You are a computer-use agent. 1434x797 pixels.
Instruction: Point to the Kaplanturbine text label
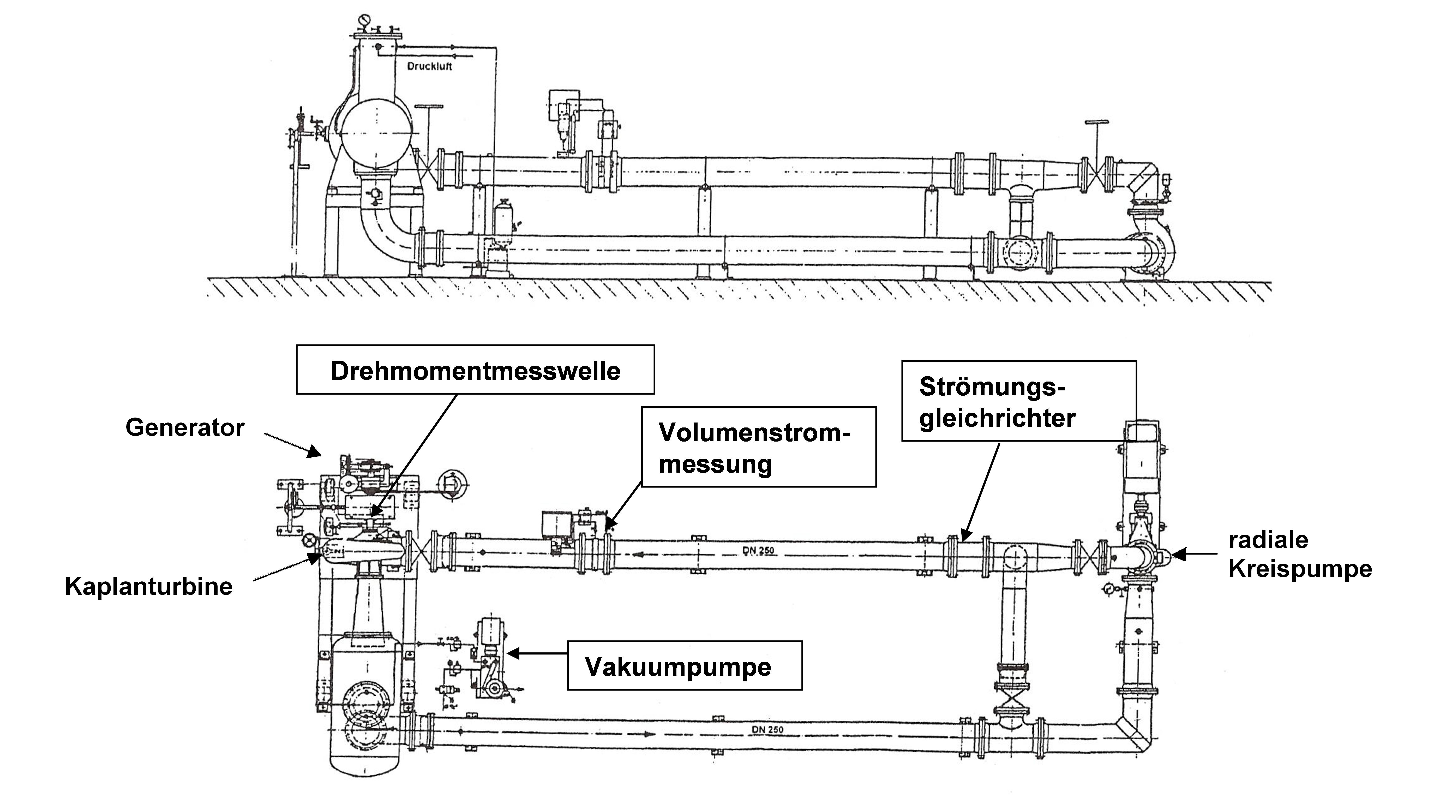pyautogui.click(x=149, y=586)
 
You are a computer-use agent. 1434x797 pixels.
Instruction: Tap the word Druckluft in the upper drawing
pyautogui.click(x=429, y=66)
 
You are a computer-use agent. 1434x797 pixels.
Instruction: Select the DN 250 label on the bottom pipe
pyautogui.click(x=767, y=729)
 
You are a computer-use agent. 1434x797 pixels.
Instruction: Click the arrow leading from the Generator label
pyautogui.click(x=292, y=445)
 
